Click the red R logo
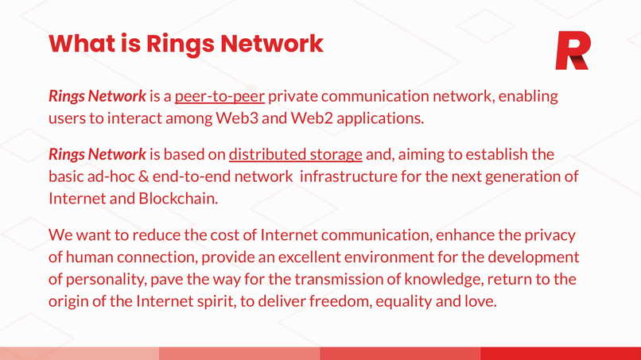[572, 52]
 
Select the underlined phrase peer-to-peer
[219, 98]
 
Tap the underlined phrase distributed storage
[295, 154]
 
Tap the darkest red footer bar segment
[560, 354]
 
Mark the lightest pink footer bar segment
[80, 354]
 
